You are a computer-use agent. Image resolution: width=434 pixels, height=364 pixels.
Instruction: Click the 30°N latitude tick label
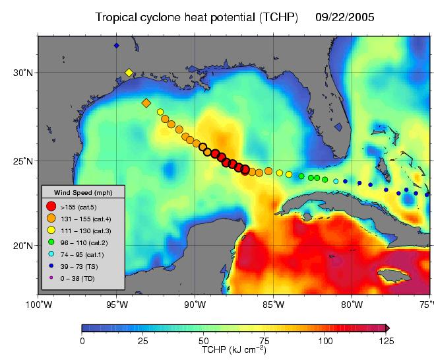coord(25,72)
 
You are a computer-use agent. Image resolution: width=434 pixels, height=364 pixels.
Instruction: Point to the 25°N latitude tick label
coord(25,161)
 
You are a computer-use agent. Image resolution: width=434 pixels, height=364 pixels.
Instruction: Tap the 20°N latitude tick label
coord(25,245)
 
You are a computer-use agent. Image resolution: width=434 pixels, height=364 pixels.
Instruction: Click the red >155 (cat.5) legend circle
coord(51,206)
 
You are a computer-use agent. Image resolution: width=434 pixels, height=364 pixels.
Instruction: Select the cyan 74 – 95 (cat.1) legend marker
coord(51,253)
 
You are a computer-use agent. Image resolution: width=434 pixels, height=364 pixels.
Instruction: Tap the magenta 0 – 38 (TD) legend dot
coord(51,277)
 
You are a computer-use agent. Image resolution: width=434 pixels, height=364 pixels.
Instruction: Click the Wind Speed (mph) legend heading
coord(82,192)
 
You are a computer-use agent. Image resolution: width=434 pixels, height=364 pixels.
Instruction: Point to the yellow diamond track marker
coord(129,73)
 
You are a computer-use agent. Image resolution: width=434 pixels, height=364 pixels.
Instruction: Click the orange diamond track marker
coord(146,103)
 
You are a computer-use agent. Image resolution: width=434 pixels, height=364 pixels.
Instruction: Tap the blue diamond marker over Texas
coord(117,46)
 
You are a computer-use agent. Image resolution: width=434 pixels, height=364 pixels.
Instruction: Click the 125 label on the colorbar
coord(386,341)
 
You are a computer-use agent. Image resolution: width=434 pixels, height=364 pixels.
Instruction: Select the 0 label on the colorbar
coord(82,341)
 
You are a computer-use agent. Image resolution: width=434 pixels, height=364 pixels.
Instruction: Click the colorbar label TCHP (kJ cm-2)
coord(233,350)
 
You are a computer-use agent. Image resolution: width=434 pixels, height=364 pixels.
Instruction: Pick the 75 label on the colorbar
coord(264,341)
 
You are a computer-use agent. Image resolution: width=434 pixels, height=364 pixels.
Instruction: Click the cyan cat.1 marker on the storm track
coord(336,181)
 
